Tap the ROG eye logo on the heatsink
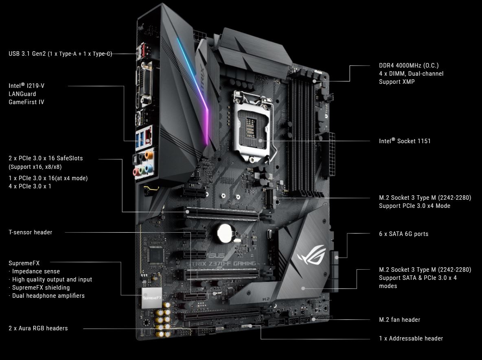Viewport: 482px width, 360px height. (311, 257)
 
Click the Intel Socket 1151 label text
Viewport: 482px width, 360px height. (405, 141)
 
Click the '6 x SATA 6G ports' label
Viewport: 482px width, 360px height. (403, 234)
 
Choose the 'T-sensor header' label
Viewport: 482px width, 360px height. (31, 232)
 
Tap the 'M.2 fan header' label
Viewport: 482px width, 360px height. (399, 320)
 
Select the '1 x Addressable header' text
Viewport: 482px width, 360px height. (411, 338)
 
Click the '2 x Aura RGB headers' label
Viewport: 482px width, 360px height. (38, 328)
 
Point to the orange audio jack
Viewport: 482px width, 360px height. (149, 155)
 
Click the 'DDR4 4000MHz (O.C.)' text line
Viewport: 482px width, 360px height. (409, 65)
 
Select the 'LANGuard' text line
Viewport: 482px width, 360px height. (22, 94)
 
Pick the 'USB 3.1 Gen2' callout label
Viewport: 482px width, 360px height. (60, 54)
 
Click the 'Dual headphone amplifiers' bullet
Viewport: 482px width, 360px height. (48, 296)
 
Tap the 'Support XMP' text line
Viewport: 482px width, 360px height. (397, 82)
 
